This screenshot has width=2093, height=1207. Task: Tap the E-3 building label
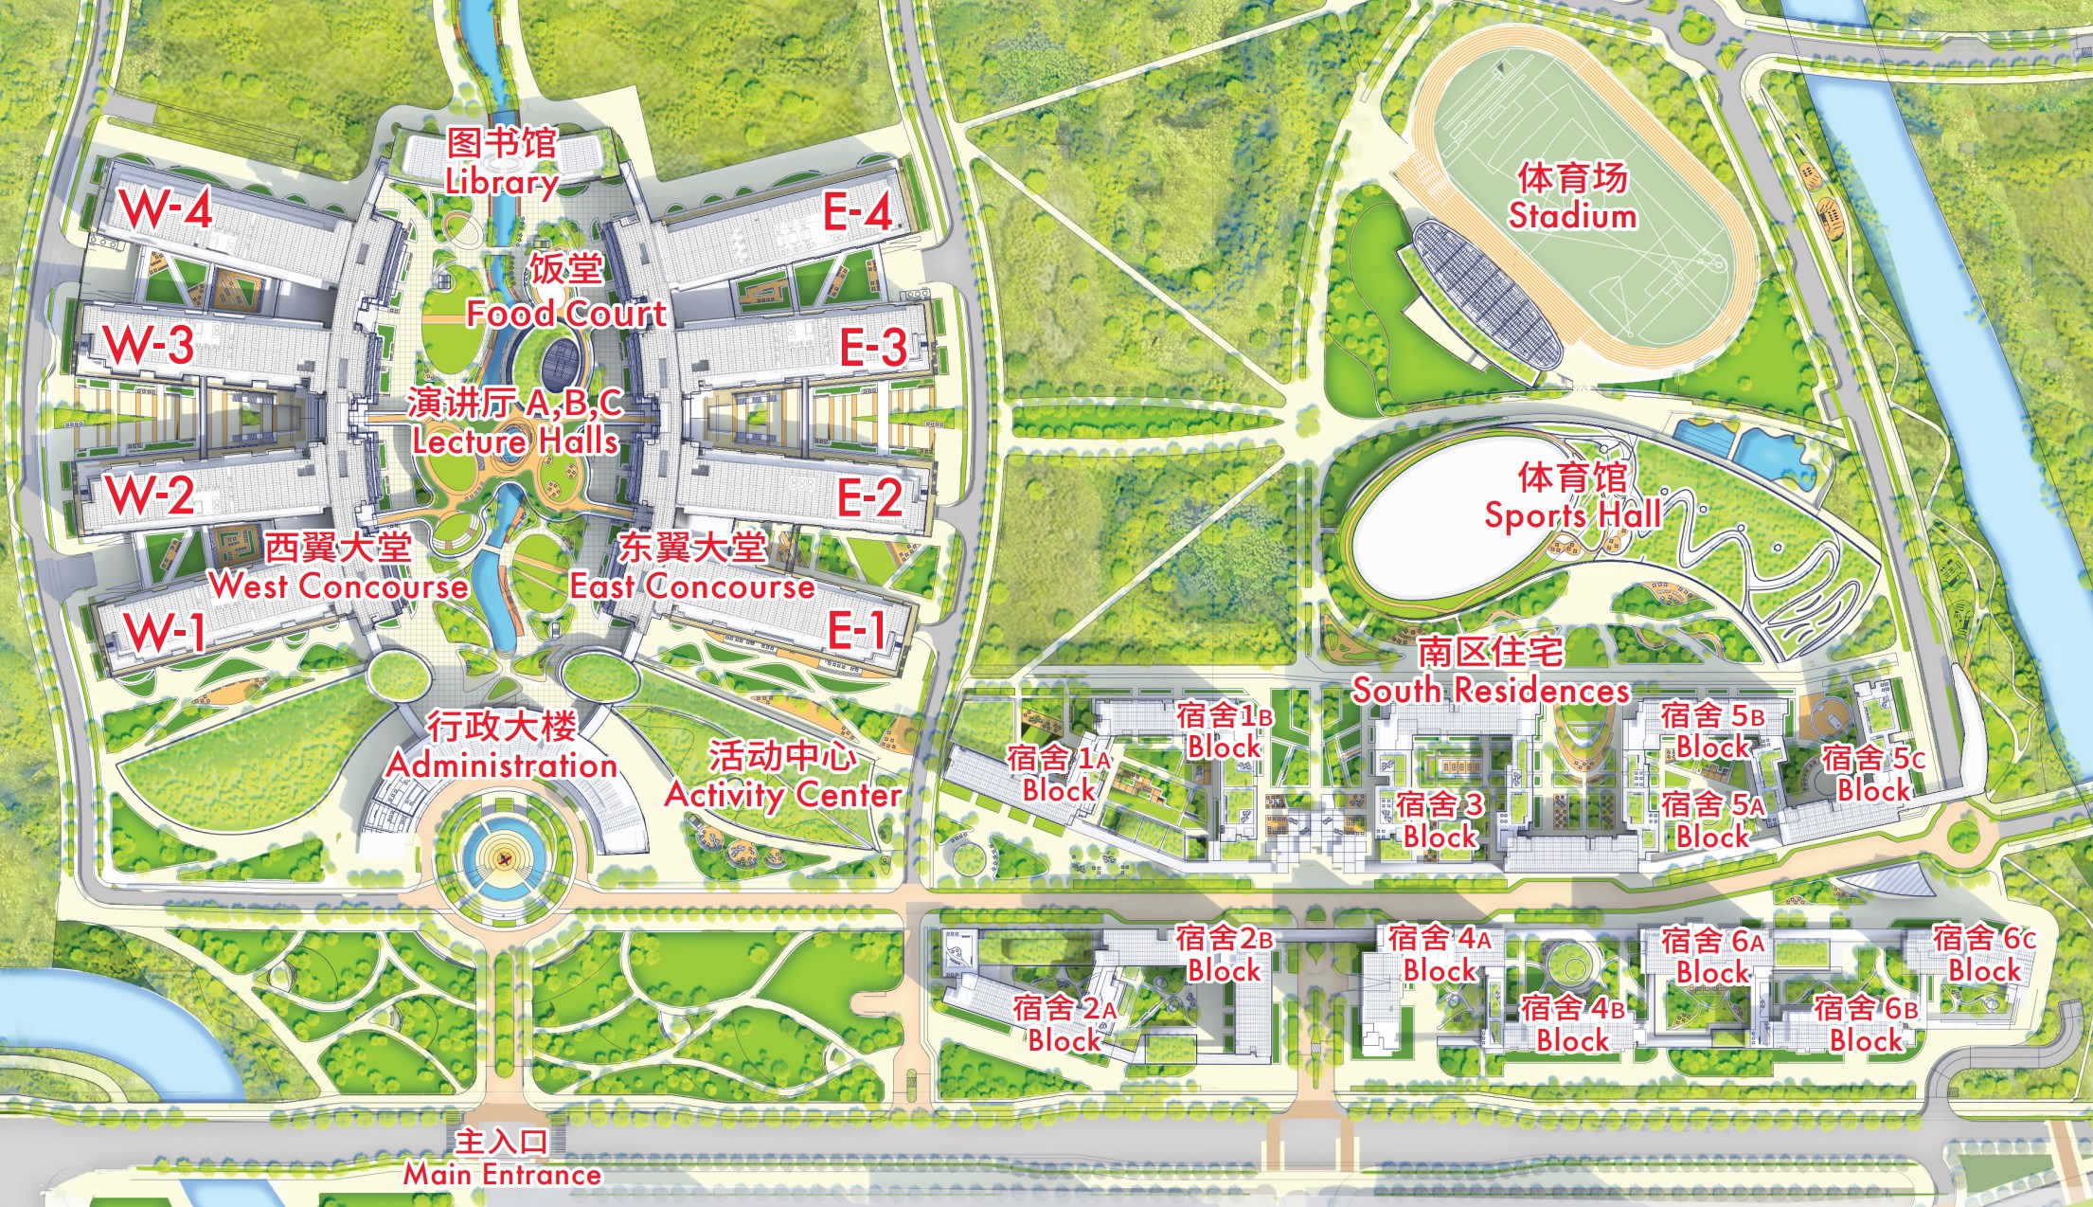tap(873, 347)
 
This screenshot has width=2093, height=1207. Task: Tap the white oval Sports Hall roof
tap(1440, 531)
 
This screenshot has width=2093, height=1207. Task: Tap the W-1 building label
tap(167, 631)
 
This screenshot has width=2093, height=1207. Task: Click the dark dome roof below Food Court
tap(560, 361)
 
